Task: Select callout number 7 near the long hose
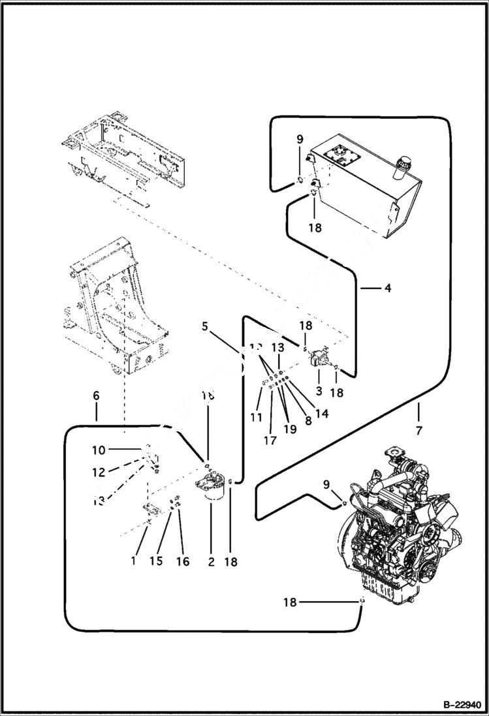tap(418, 431)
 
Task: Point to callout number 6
tap(96, 396)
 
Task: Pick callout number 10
tap(98, 450)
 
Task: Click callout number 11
tap(256, 416)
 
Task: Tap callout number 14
tap(321, 412)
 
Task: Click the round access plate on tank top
tap(341, 155)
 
